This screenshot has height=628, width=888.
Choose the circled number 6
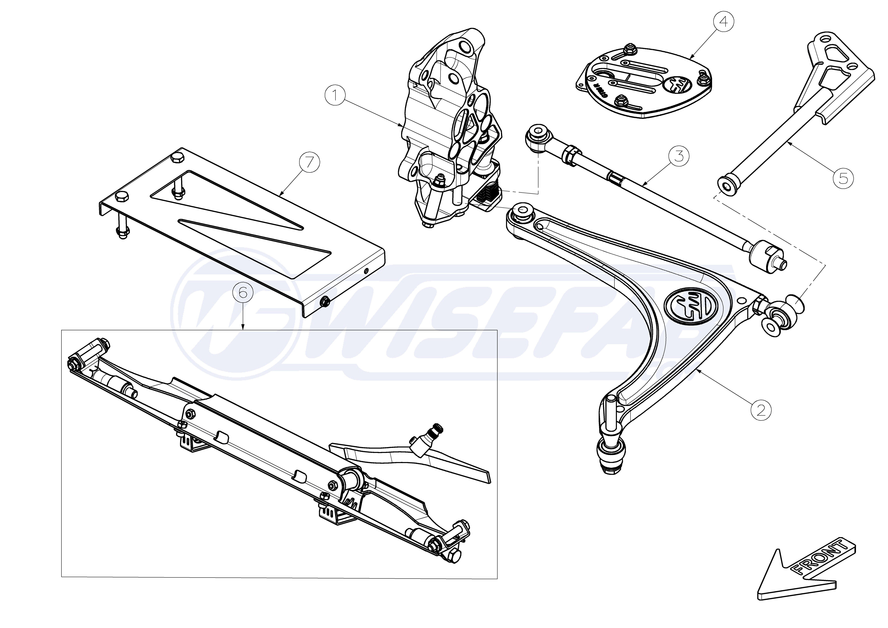243,293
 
